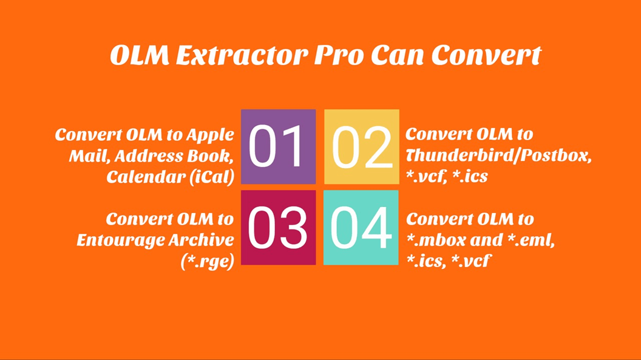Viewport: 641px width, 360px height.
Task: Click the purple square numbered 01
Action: pos(278,147)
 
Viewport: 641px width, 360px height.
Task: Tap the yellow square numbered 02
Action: pos(362,147)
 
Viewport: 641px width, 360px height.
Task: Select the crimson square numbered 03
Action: pos(278,228)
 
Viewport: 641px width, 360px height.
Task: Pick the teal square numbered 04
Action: pos(361,228)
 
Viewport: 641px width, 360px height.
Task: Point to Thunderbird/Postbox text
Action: pos(498,156)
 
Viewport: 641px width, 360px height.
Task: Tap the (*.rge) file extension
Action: pos(207,261)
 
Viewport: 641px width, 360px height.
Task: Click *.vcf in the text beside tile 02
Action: pos(426,177)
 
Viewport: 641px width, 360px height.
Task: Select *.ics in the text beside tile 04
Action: pos(424,261)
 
